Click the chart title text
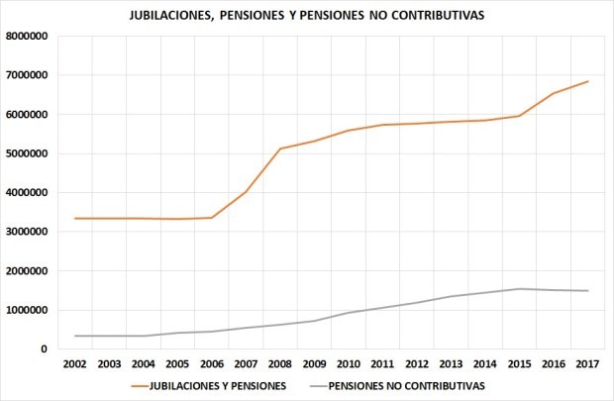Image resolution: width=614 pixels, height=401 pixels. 308,17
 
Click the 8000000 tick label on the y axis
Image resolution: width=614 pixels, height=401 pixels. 30,37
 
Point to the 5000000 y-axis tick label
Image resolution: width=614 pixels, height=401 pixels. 30,153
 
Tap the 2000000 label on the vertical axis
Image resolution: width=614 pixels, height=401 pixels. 30,271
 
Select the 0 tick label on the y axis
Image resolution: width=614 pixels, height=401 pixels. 45,350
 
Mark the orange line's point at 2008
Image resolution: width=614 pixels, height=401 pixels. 280,149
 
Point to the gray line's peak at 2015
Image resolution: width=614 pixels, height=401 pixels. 518,289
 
